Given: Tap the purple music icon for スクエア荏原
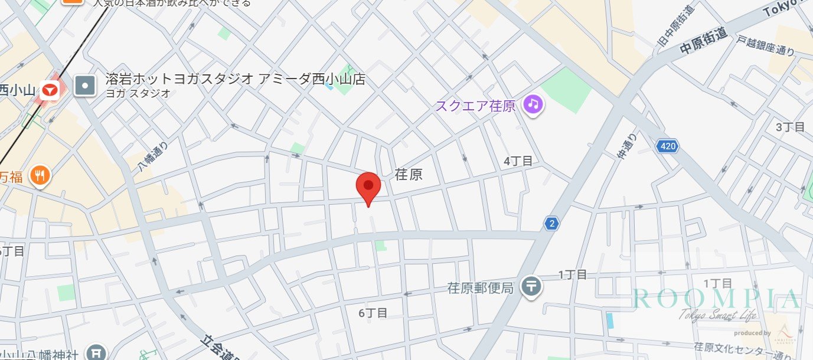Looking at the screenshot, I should (x=534, y=105).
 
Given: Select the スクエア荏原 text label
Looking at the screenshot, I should (x=475, y=106).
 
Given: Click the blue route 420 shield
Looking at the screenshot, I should (x=667, y=145).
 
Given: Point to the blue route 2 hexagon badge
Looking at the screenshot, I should (x=551, y=223).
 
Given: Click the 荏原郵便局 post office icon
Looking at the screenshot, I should (x=532, y=287).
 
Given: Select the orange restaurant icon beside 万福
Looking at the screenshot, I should (x=40, y=175).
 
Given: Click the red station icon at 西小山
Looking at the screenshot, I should (x=49, y=91).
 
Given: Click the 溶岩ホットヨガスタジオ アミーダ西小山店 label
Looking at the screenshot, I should (x=235, y=78).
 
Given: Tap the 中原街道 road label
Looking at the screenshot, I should (x=703, y=42).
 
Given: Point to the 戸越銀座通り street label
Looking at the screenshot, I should (x=765, y=45).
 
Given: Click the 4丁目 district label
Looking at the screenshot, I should (x=518, y=161).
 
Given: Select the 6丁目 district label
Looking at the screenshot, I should (x=373, y=313).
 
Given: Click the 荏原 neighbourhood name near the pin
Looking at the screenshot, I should (x=409, y=175).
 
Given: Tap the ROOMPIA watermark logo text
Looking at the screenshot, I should (x=717, y=300).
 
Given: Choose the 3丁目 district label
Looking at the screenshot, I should (x=790, y=127).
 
